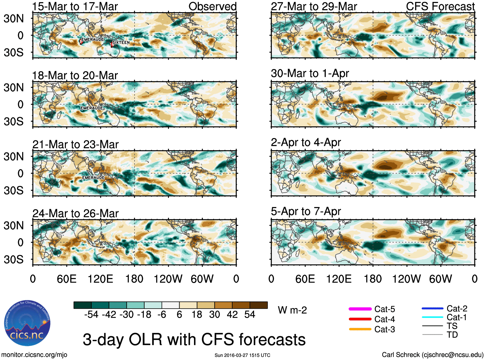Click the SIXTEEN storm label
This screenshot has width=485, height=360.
point(121,42)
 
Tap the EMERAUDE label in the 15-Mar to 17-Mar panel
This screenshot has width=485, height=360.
point(93,40)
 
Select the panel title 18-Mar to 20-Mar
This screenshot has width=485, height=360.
point(75,75)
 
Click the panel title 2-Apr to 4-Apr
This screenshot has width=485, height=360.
point(306,142)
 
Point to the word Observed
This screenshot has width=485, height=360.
point(212,6)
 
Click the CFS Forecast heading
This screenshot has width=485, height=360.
point(440,6)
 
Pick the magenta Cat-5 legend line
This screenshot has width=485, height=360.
point(360,309)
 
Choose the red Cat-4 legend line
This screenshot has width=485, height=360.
point(360,319)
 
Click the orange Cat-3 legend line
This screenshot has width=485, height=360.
point(360,329)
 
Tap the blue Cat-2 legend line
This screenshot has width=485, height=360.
point(432,309)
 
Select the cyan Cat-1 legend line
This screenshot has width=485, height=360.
point(432,317)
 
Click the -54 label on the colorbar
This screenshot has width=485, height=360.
point(92,314)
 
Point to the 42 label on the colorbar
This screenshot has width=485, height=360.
point(232,314)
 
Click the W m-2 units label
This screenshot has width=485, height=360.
point(292,310)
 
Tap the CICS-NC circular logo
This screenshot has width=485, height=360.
point(27,323)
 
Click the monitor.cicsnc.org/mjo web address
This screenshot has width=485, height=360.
point(34,355)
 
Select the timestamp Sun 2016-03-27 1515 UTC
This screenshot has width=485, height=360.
point(242,355)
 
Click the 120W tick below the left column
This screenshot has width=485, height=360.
point(168,279)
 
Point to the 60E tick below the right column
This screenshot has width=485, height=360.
point(305,279)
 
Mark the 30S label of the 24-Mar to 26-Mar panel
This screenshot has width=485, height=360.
point(13,259)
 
